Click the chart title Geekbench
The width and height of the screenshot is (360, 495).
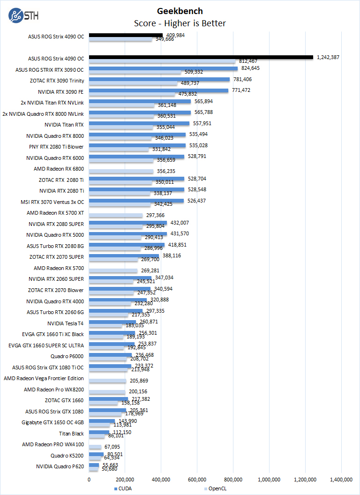(x=180, y=11)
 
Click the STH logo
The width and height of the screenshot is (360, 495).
(x=23, y=15)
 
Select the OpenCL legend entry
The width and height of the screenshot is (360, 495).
(x=217, y=488)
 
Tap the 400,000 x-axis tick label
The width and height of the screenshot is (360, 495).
(x=161, y=479)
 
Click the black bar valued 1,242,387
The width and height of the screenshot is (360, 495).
(x=201, y=57)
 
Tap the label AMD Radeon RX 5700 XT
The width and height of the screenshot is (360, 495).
(x=56, y=213)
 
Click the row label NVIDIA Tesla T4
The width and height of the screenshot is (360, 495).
(x=66, y=323)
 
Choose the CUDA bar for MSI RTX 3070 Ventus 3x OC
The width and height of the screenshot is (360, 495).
(x=136, y=201)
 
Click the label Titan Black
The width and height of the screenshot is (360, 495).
(x=72, y=434)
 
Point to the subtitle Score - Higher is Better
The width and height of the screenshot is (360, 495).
(x=180, y=23)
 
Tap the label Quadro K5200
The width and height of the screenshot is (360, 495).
(x=67, y=456)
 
